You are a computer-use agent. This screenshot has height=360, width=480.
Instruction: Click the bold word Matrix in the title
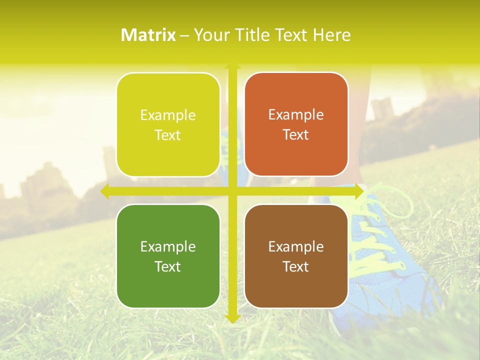148,35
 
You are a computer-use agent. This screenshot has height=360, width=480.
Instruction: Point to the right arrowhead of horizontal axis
358,191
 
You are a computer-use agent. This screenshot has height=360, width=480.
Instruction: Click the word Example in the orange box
296,115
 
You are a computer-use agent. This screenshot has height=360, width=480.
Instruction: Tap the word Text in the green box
168,266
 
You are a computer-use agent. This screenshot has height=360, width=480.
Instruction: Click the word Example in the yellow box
168,115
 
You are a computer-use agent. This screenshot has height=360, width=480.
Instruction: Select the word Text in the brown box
296,266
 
